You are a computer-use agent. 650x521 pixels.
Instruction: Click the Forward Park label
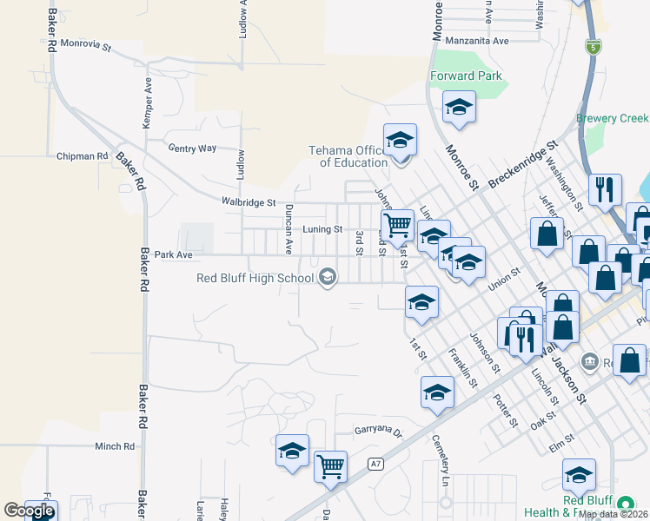[x=467, y=76]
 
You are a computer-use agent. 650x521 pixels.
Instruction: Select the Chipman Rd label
[x=82, y=156]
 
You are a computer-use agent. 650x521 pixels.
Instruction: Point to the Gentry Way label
[x=192, y=148]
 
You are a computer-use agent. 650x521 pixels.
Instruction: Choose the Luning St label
[x=322, y=229]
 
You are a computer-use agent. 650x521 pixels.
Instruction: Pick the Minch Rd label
[x=116, y=446]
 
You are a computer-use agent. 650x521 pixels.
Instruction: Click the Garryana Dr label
[x=379, y=431]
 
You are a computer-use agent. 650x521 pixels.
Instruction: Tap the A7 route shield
[x=375, y=464]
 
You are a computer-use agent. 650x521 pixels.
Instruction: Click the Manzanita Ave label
[x=476, y=41]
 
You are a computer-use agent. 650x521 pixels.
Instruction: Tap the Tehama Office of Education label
[x=348, y=156]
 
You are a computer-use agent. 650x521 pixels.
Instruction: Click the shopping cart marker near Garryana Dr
[x=330, y=467]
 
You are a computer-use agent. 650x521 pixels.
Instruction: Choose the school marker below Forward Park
[x=459, y=108]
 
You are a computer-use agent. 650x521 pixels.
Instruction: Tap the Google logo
[x=29, y=510]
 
